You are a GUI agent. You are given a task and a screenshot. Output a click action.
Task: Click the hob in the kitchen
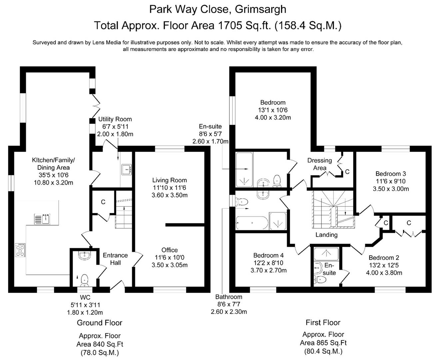tap(20, 250)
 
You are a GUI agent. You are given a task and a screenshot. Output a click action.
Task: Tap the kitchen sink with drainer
tap(42, 219)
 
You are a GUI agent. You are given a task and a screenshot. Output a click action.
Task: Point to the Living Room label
tap(170, 180)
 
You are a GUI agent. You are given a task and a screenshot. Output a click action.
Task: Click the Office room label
tap(170, 250)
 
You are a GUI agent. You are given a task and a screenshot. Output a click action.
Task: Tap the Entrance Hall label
tap(115, 259)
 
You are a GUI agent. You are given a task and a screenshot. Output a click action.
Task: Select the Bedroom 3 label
tap(391, 174)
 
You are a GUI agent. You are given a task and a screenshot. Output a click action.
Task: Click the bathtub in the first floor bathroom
tap(252, 223)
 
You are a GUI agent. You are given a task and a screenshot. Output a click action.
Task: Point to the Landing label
tap(326, 235)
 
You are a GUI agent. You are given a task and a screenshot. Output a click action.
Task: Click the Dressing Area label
tap(319, 164)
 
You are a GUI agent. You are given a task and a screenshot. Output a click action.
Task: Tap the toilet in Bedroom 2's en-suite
tap(320, 279)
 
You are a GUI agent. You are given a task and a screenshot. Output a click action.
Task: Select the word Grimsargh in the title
tap(260, 9)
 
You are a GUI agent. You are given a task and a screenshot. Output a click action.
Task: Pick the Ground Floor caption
tap(100, 323)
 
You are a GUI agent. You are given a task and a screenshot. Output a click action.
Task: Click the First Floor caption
tap(323, 322)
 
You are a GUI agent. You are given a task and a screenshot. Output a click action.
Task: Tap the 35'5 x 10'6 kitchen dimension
tap(54, 175)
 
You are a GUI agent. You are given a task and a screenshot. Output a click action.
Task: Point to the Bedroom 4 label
tap(268, 255)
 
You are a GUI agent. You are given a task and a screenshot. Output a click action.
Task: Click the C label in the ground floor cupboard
tap(103, 202)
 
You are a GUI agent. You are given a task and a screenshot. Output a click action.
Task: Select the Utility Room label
tap(115, 119)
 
